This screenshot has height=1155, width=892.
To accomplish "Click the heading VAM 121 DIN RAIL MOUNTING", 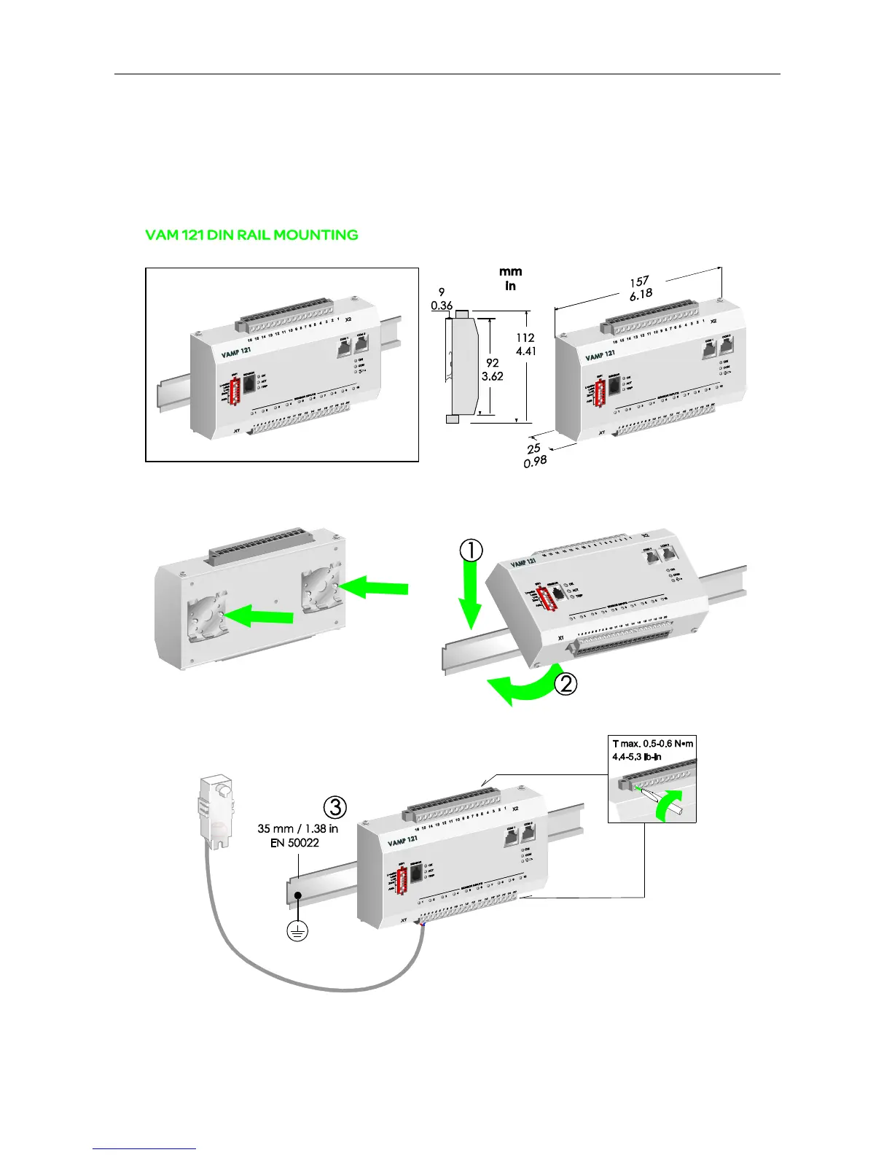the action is (x=251, y=236).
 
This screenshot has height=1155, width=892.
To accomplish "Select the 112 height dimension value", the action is (x=525, y=338).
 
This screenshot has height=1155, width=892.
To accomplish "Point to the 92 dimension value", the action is (x=493, y=362).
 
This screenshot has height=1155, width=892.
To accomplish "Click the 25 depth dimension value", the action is (x=533, y=448).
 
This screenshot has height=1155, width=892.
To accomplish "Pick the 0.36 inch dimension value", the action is (x=442, y=306).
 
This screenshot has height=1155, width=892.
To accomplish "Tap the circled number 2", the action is (x=566, y=684).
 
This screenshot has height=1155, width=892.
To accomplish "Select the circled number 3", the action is (x=334, y=807).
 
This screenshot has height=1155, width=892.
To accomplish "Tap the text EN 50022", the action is (x=294, y=843).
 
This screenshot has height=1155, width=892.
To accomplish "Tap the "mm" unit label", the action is (x=511, y=272).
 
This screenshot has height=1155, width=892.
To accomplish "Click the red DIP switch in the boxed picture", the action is (x=235, y=393).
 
